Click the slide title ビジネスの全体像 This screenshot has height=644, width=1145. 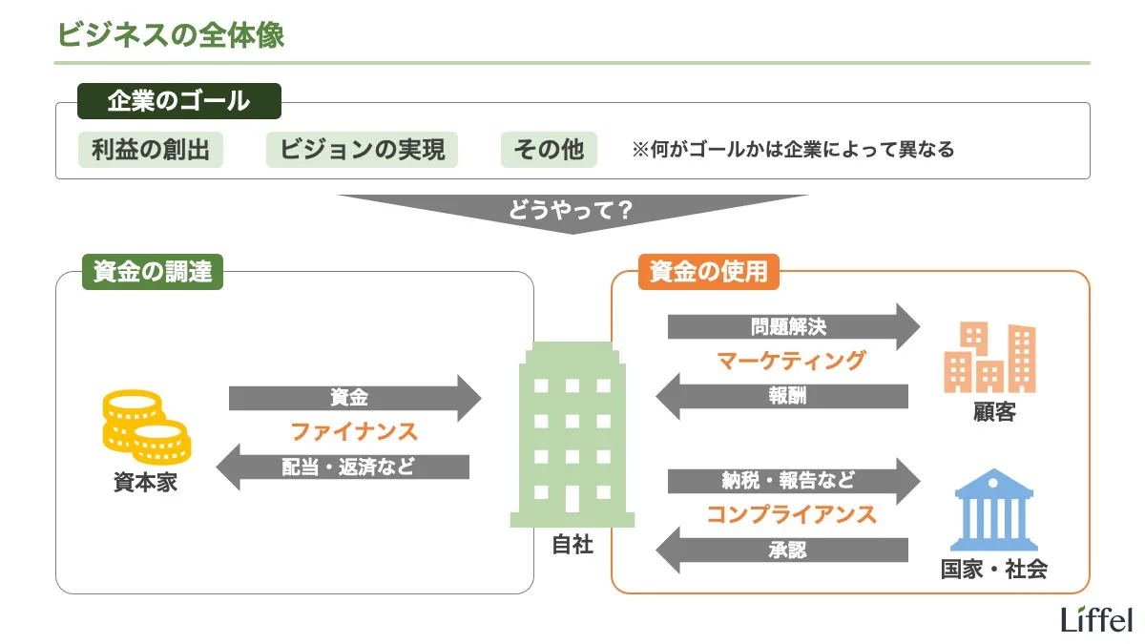[171, 34]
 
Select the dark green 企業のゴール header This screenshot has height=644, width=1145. [178, 100]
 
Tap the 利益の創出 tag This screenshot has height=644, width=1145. [150, 150]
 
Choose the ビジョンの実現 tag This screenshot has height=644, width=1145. [362, 150]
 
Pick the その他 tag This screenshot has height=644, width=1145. [549, 150]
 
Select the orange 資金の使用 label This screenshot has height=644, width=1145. [708, 272]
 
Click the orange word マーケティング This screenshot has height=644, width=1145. [791, 361]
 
